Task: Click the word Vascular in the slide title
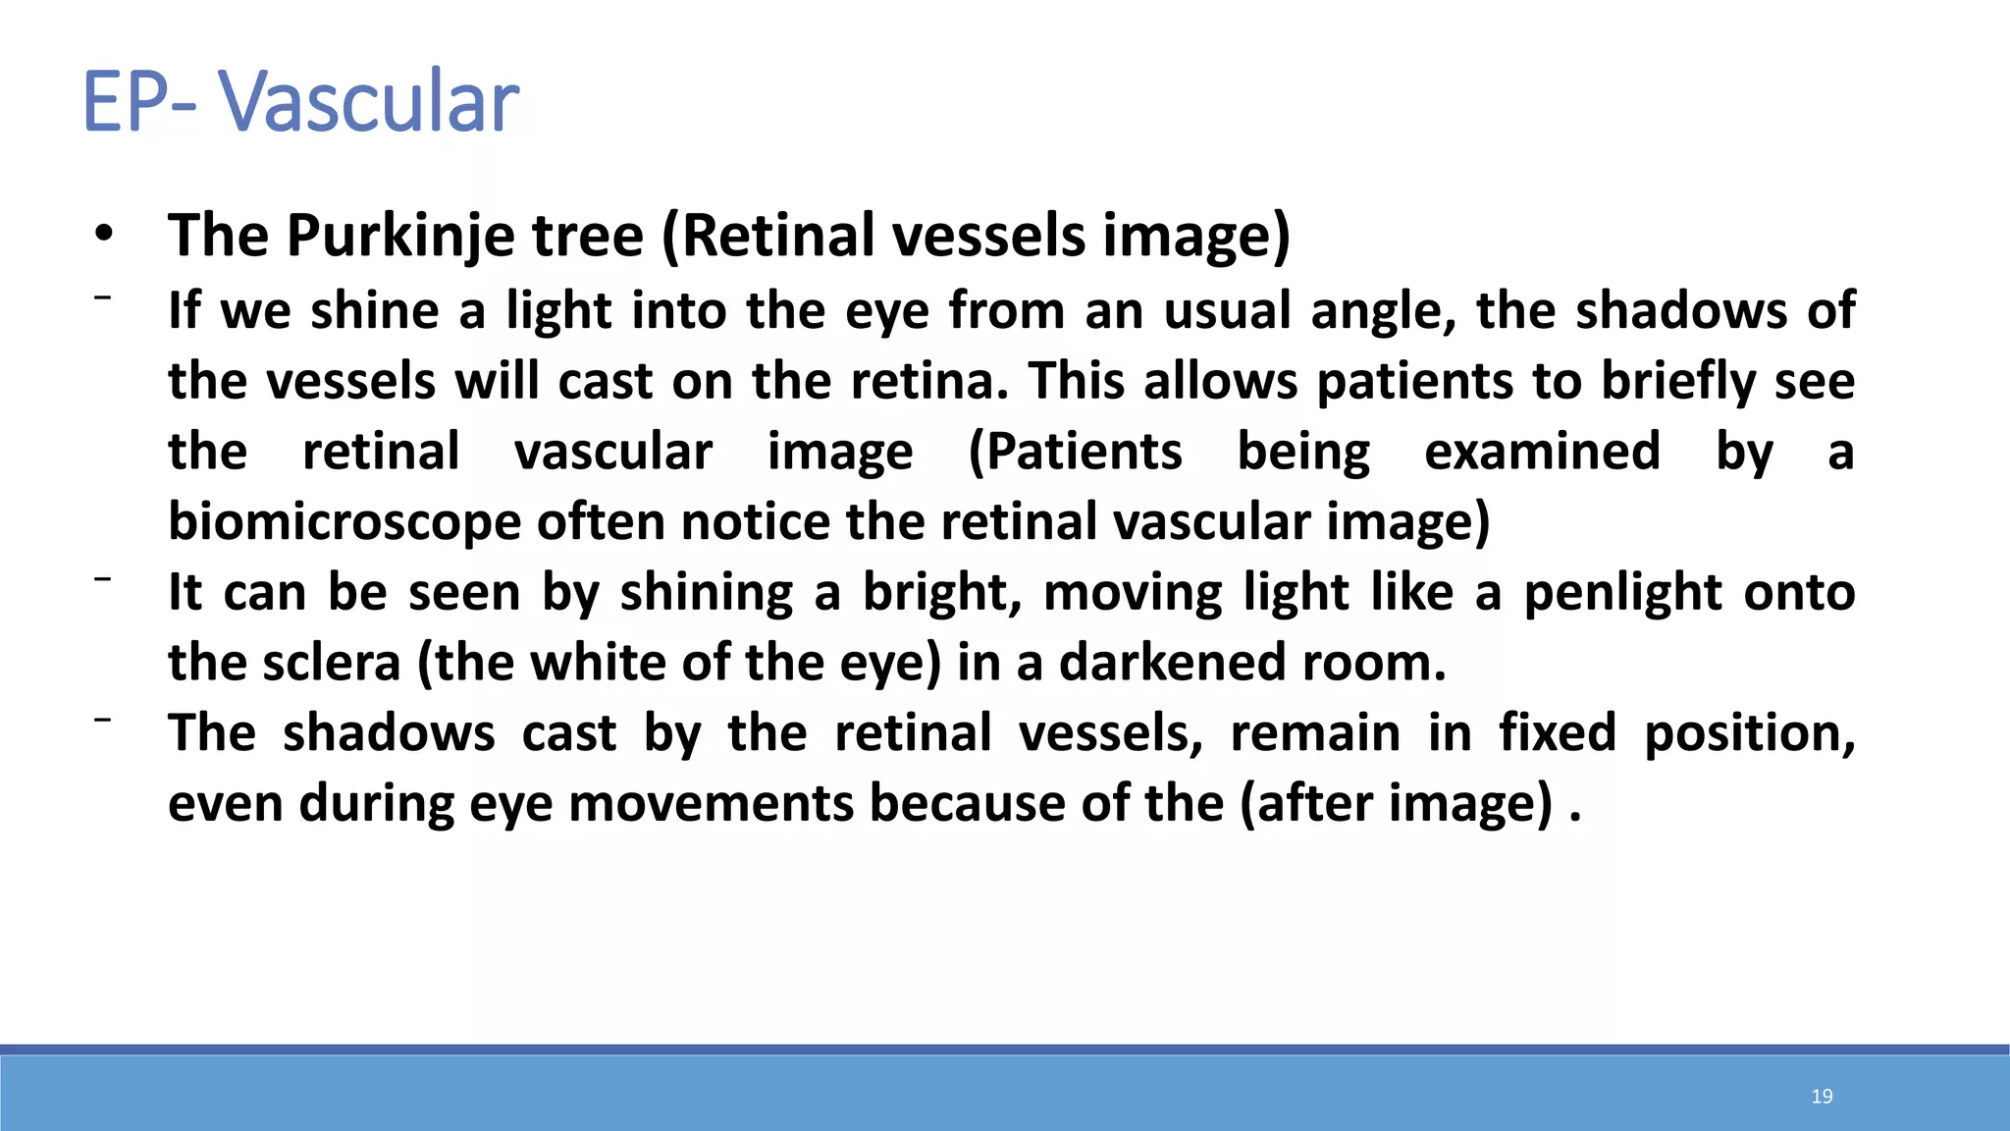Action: (368, 101)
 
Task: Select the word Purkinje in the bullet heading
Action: (400, 236)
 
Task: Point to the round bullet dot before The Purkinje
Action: (103, 234)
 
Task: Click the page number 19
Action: (1822, 1097)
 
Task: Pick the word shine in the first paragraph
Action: (375, 310)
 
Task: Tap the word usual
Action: (1228, 310)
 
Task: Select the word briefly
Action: (1678, 381)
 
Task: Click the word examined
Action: (1542, 452)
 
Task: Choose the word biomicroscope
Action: (344, 521)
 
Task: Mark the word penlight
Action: (1620, 592)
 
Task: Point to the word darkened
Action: (1172, 663)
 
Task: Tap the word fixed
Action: (1557, 733)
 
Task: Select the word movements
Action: (712, 803)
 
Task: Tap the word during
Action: (377, 803)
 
